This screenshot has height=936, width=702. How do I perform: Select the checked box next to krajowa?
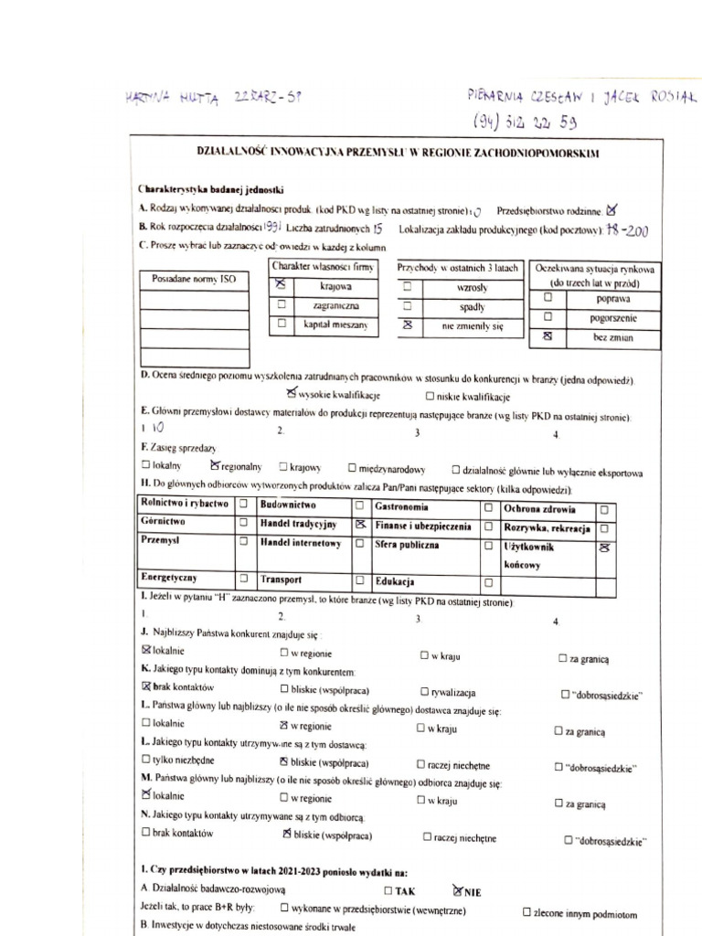[x=282, y=286]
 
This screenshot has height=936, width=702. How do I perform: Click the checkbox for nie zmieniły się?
[x=408, y=324]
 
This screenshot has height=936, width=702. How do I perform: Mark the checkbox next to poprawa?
[x=548, y=298]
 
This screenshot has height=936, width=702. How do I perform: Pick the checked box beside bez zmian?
[x=548, y=337]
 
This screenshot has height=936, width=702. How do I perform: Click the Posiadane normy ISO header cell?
[x=194, y=279]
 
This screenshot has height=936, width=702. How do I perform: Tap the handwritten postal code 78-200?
[x=627, y=231]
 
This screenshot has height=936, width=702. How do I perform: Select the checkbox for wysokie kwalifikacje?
[x=292, y=394]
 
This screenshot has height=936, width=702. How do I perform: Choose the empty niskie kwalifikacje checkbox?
[x=430, y=397]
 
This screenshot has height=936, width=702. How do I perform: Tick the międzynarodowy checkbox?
[x=352, y=468]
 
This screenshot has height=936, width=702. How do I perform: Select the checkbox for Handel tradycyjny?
[x=360, y=525]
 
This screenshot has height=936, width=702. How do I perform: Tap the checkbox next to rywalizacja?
[x=425, y=692]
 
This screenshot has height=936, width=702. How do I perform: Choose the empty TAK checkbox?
[x=388, y=889]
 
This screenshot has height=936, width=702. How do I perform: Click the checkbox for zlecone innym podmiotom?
[x=526, y=912]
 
